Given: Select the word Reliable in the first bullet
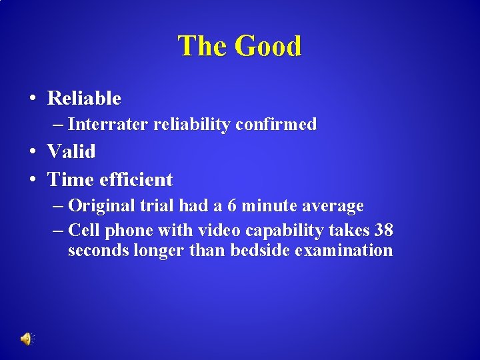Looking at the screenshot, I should point(84,99).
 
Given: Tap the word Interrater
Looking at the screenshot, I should point(108,124).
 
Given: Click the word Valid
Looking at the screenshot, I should point(71,151).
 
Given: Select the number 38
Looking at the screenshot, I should point(383,231).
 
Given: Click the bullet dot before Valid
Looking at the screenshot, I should point(32,153).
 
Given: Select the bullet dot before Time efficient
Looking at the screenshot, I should point(32,181).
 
